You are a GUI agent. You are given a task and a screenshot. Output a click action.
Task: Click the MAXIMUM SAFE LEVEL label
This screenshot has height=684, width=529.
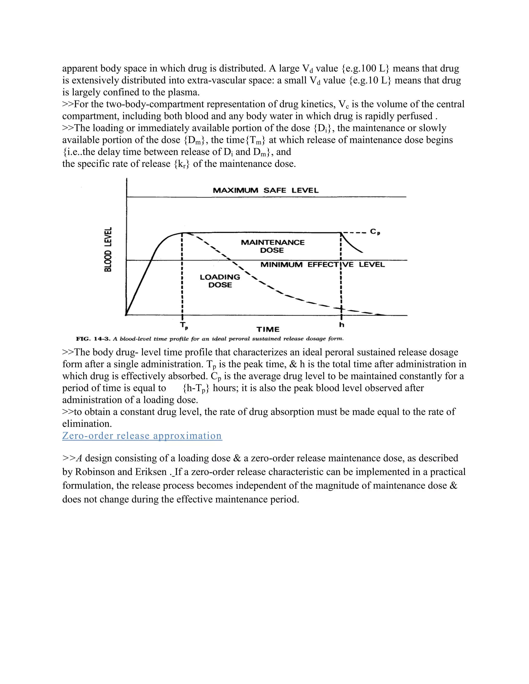tap(266, 190)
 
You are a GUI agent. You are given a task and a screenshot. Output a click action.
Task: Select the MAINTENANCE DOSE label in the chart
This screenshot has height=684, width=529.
tap(272, 246)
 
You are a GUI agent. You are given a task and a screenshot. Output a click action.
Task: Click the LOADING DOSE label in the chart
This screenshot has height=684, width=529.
tap(220, 281)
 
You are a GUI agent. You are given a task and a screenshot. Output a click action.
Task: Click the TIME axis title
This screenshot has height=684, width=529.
tap(268, 329)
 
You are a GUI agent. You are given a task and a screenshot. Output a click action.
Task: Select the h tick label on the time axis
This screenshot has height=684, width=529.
tap(341, 325)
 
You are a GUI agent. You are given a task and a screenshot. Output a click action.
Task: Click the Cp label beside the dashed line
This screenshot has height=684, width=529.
tap(375, 232)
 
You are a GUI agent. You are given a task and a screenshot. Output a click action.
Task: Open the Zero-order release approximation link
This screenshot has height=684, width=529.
tap(142, 436)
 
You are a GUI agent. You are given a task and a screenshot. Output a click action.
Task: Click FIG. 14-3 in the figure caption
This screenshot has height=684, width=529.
tap(93, 339)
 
